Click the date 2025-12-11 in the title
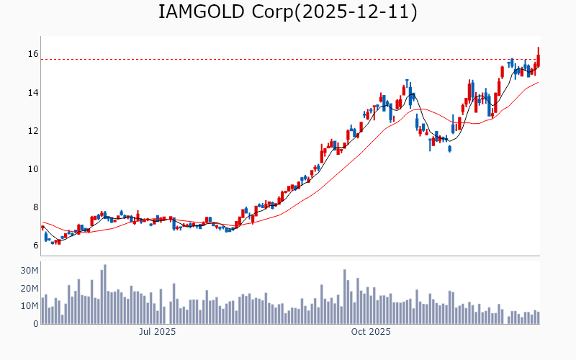point(349,13)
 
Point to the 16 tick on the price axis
point(33,54)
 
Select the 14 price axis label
point(33,93)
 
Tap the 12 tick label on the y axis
point(33,131)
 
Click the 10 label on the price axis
point(33,169)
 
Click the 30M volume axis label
point(30,271)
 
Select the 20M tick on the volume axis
point(30,289)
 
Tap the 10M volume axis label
point(30,306)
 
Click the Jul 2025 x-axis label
point(157,332)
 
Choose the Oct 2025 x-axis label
point(371,332)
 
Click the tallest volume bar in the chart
point(104,294)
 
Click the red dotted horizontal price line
point(288,60)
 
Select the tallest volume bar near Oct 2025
point(345,297)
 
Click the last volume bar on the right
point(538,318)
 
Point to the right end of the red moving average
point(538,82)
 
